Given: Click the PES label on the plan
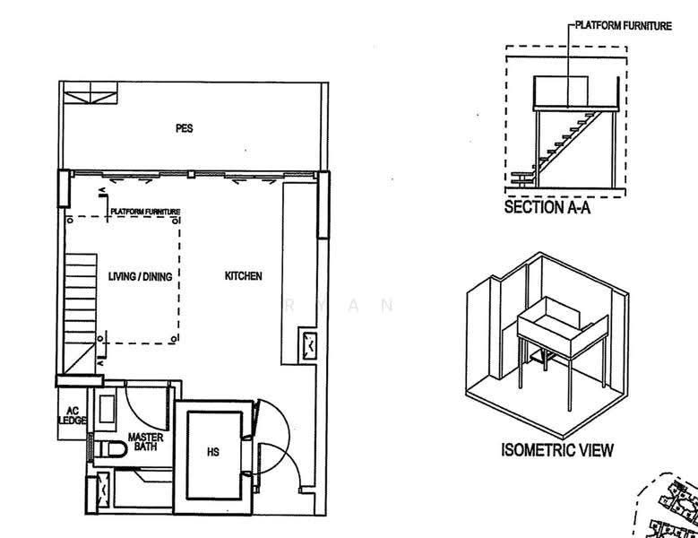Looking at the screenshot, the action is click(x=185, y=128).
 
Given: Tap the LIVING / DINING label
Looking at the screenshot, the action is click(x=140, y=276).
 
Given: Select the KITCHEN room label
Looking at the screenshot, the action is click(x=243, y=276).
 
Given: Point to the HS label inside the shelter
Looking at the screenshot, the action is click(x=212, y=452).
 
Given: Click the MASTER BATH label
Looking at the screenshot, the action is click(x=145, y=441).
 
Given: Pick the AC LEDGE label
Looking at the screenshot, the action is click(x=73, y=415).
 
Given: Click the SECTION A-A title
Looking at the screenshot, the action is click(x=547, y=207).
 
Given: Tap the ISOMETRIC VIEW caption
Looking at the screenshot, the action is click(x=557, y=450).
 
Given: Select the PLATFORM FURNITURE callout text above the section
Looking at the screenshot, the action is click(x=624, y=26).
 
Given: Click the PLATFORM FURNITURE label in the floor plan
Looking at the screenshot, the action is click(x=145, y=212).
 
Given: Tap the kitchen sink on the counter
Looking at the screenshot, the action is click(x=308, y=344).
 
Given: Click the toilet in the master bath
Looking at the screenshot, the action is click(x=112, y=449).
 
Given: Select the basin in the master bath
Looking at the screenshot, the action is click(x=107, y=408).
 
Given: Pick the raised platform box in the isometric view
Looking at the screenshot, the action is click(x=563, y=325).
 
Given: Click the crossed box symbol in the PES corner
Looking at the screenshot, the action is click(x=90, y=92).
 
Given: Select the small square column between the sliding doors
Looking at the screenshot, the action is click(x=191, y=174).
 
